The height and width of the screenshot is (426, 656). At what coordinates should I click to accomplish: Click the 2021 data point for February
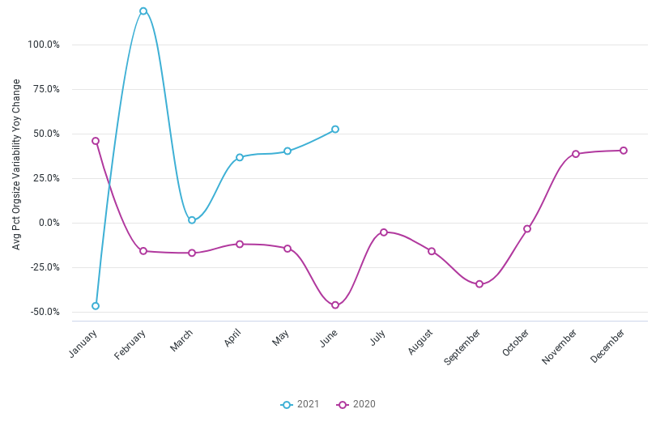[143, 11]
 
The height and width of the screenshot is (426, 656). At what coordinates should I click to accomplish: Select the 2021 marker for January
[96, 306]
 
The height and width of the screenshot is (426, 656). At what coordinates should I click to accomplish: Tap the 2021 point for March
[192, 220]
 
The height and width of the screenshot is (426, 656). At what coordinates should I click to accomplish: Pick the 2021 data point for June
[335, 130]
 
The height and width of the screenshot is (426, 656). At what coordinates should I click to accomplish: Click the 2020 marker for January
[96, 141]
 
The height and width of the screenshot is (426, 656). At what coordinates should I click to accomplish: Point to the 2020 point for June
[335, 305]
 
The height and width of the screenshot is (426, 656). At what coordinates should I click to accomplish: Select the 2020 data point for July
[384, 232]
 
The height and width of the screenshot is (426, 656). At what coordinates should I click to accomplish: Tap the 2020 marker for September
[479, 284]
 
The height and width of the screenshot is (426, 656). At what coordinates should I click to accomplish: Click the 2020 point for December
[624, 151]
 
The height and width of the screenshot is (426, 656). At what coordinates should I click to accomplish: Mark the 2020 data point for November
[576, 154]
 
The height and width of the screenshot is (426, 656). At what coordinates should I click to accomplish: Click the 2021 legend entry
[300, 404]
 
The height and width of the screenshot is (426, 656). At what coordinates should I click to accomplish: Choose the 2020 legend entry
[356, 404]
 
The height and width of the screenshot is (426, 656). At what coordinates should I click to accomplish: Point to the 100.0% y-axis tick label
[44, 45]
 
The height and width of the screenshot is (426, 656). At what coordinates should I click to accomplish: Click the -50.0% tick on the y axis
[44, 312]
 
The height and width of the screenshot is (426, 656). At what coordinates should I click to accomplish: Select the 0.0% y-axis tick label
[49, 223]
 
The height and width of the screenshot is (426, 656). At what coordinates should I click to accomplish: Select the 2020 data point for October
[527, 229]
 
